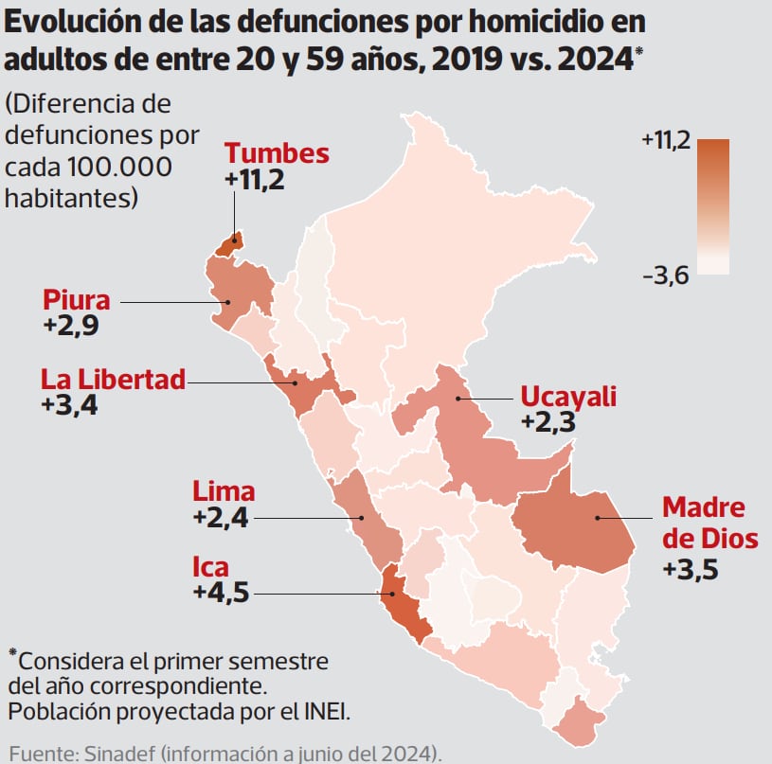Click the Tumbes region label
(277, 153)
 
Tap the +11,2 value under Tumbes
(255, 180)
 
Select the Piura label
(77, 300)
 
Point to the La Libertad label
(113, 380)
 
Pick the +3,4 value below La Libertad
(70, 405)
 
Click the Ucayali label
(568, 396)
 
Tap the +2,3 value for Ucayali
(548, 421)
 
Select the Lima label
(224, 491)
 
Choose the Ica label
(210, 567)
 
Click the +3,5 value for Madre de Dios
(691, 569)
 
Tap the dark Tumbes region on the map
(229, 245)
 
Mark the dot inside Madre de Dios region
(598, 518)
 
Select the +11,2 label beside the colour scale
(666, 141)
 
